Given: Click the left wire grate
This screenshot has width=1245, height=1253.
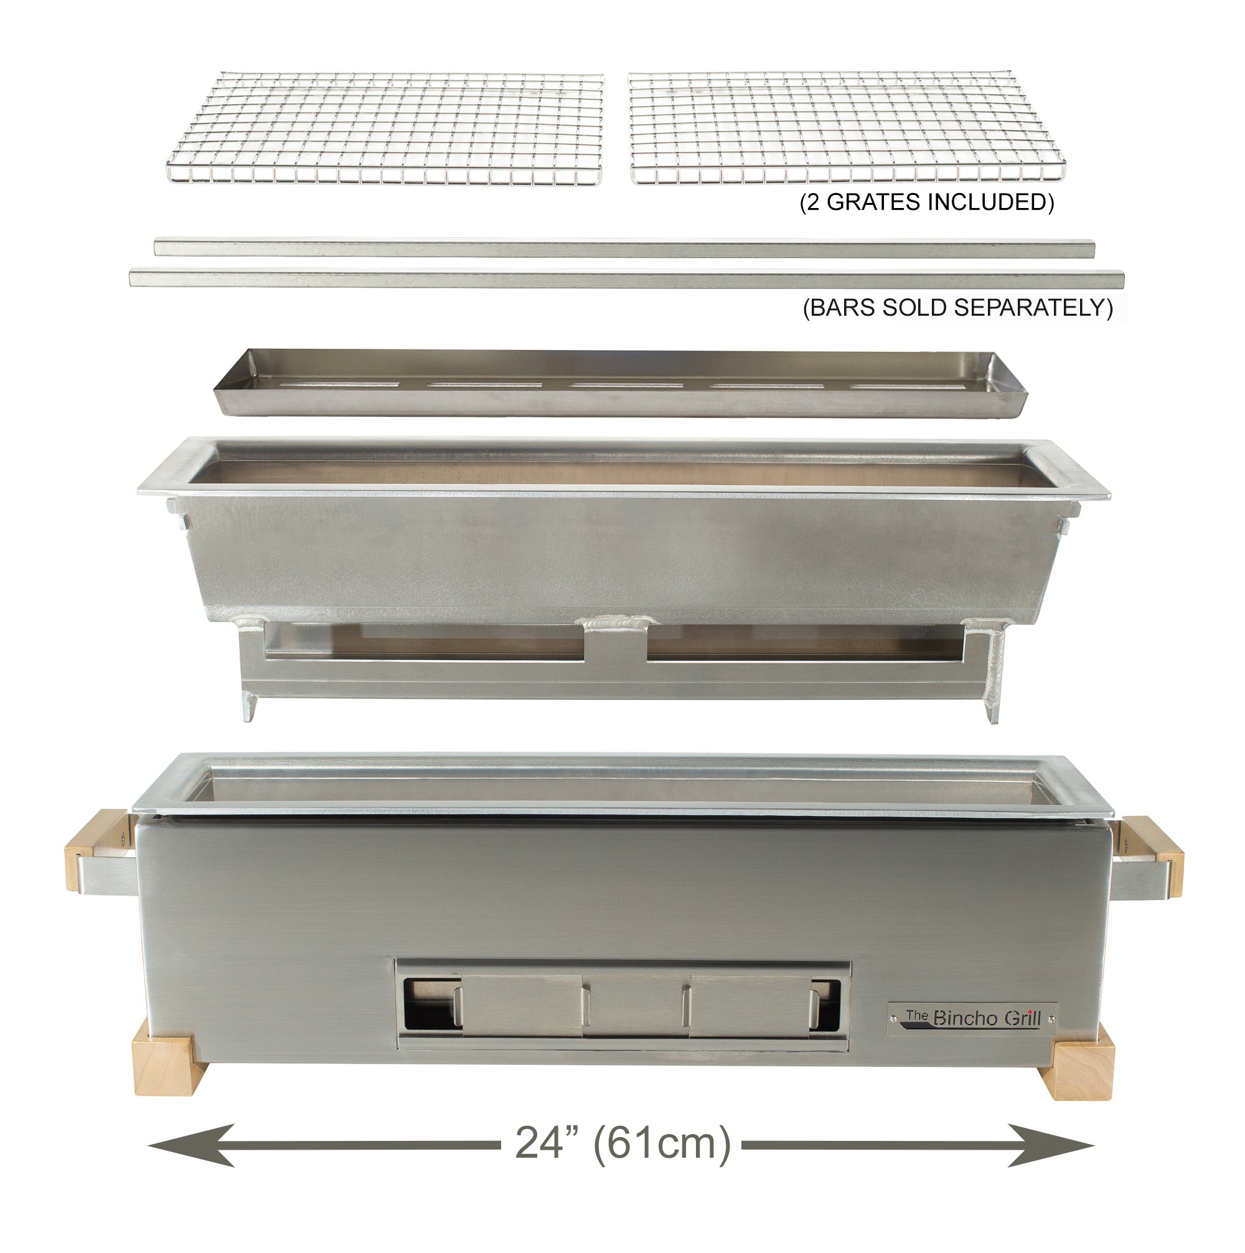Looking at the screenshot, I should point(385,128).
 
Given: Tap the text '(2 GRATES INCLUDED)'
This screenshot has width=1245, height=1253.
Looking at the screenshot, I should point(927,202).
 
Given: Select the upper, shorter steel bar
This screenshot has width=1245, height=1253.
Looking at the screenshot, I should point(624,248).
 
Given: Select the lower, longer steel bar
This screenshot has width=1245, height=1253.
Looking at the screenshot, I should point(626,280).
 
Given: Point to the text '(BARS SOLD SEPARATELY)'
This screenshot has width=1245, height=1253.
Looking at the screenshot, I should point(958,308).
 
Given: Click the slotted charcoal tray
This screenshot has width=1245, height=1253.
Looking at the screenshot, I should point(621,384).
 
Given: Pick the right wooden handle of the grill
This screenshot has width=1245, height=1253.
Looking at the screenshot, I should point(1153,856).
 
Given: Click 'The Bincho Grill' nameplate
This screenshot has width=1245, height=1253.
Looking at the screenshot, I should point(972,1018).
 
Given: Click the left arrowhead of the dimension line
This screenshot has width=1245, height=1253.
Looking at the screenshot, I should point(194,1145).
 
